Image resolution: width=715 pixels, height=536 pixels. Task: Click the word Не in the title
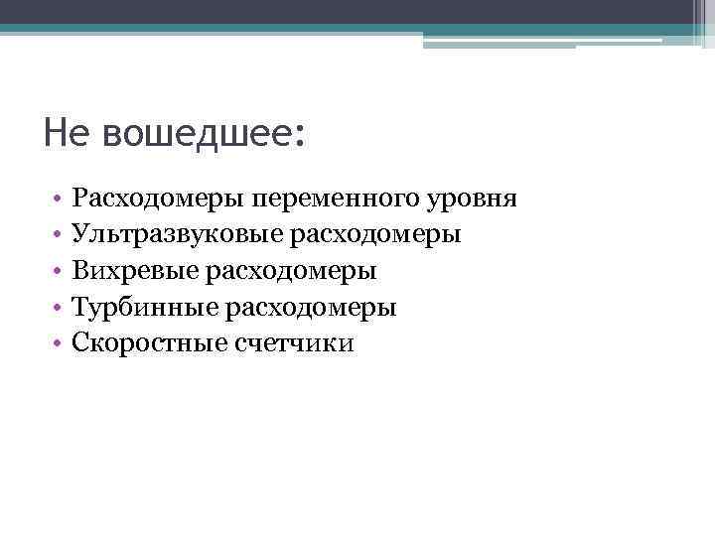pos(66,133)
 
